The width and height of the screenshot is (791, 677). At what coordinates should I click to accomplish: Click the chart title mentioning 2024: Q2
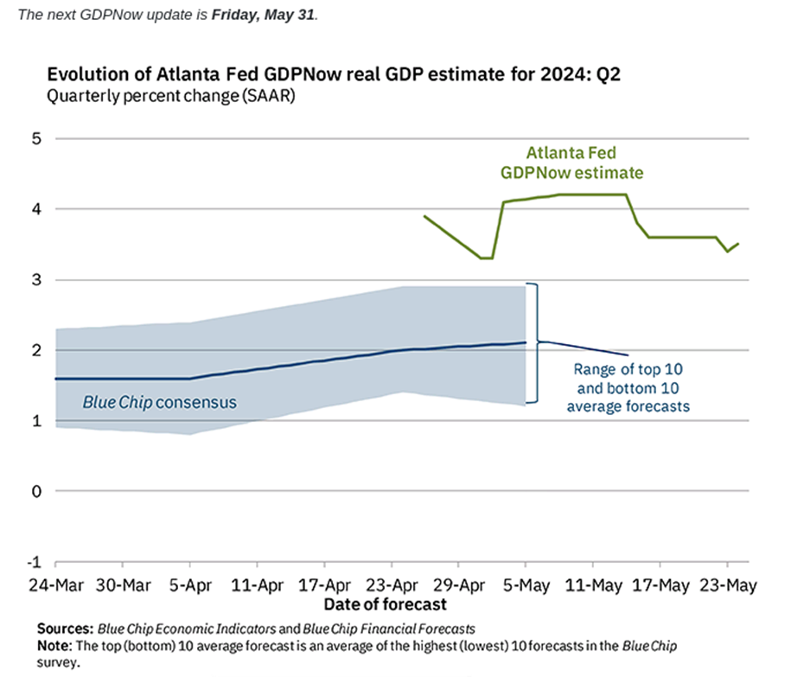coord(334,75)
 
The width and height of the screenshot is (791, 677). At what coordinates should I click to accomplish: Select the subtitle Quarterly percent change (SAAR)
coord(171,96)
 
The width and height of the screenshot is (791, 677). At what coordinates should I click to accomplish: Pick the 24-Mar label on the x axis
coord(54,585)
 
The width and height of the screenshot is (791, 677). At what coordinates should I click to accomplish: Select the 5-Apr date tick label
coord(189,585)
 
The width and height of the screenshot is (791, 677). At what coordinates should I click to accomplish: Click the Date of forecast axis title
coord(385,604)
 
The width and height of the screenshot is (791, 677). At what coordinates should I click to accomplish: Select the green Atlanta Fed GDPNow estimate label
coord(572,163)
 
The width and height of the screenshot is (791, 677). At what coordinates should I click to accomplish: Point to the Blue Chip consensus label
coord(159,402)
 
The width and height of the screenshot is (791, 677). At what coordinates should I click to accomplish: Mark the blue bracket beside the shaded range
coord(536,342)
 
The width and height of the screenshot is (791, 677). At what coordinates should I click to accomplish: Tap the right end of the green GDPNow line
coord(738,244)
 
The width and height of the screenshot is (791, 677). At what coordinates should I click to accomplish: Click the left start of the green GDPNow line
coord(424,216)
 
